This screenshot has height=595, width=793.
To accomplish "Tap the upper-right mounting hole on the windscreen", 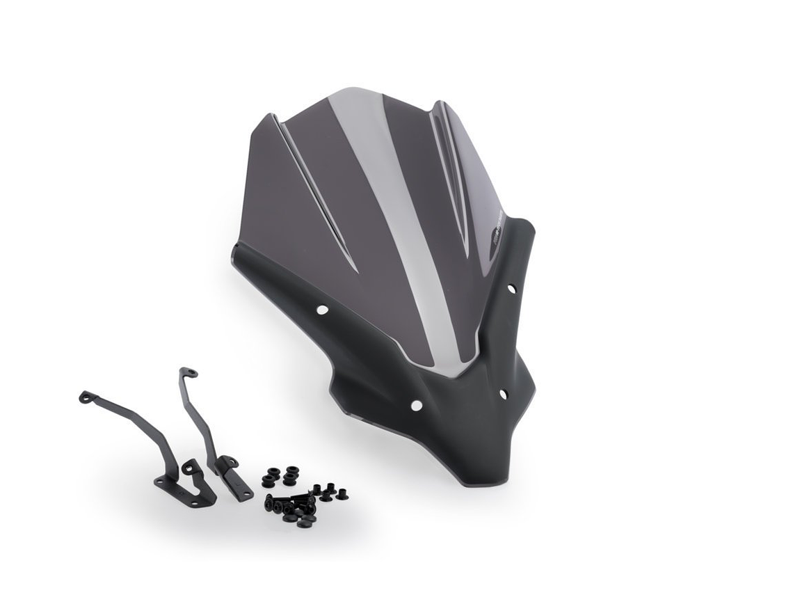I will (511, 287).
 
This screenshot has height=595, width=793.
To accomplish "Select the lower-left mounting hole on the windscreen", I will (416, 404).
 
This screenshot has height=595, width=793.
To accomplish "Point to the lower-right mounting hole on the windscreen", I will (502, 394).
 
